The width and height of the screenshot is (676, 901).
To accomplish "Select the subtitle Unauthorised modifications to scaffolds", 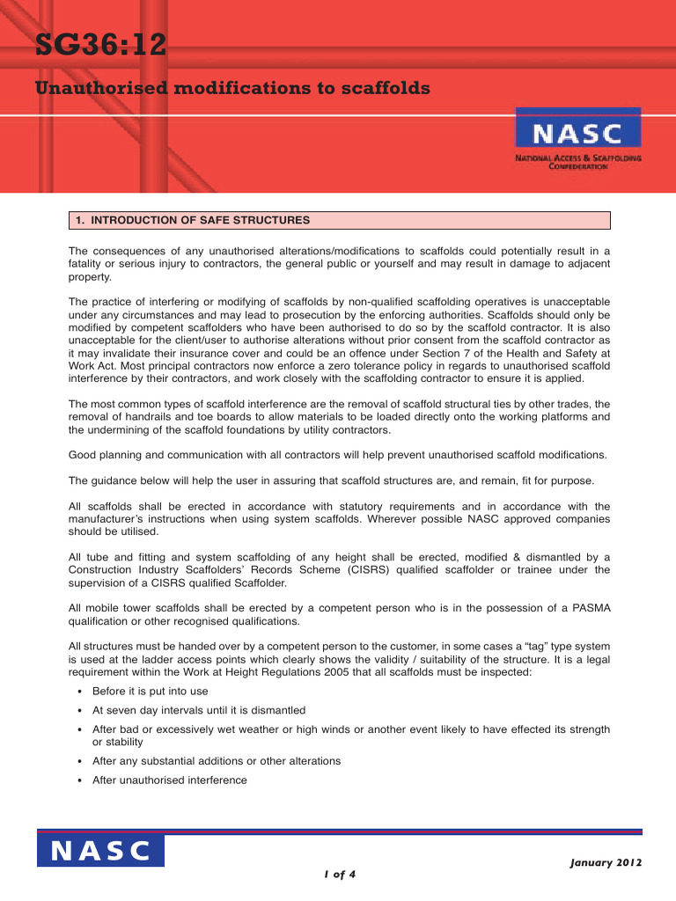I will (x=232, y=89).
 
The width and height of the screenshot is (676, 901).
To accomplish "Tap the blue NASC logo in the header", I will (x=577, y=133).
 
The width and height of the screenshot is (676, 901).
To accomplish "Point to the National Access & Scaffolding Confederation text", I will (x=577, y=162).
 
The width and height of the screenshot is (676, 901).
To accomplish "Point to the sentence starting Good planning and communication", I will (x=337, y=455).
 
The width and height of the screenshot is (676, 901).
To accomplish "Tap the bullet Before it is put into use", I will (x=150, y=692).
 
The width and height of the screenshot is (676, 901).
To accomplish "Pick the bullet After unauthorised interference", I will (x=169, y=780).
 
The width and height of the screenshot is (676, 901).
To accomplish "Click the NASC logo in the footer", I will (x=100, y=851).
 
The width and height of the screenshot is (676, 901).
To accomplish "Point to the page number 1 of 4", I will (x=338, y=875).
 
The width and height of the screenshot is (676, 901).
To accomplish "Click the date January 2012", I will (x=606, y=863).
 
